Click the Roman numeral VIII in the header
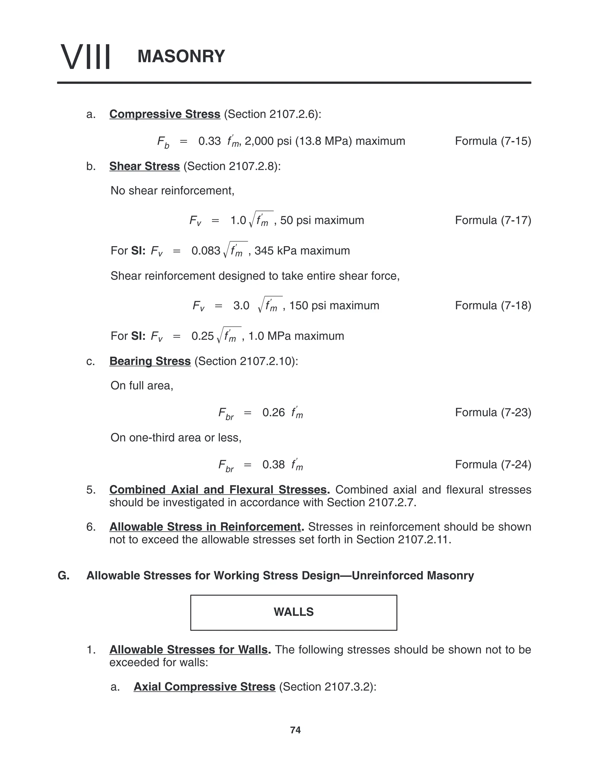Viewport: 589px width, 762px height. point(85,57)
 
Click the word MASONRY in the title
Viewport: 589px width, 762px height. point(181,57)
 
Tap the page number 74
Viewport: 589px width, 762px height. point(295,730)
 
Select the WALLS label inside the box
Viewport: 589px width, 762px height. point(293,612)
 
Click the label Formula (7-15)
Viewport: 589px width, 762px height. point(493,141)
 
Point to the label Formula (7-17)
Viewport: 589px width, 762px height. point(493,220)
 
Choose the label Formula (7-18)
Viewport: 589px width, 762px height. point(493,305)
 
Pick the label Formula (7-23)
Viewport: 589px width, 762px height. point(493,412)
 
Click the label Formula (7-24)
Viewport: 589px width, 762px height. point(493,464)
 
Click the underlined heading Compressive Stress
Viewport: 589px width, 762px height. point(165,114)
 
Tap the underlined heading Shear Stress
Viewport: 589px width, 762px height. point(144,166)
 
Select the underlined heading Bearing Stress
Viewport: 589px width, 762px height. point(150,361)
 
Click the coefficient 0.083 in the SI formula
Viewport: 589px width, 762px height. point(206,251)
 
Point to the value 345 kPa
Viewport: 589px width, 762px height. point(274,251)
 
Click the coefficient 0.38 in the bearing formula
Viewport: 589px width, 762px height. point(274,465)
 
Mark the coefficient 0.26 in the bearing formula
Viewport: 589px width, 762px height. point(274,413)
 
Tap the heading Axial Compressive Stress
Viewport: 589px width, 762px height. point(204,687)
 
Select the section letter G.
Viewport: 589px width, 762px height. point(64,575)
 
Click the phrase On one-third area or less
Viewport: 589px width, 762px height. point(176,438)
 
